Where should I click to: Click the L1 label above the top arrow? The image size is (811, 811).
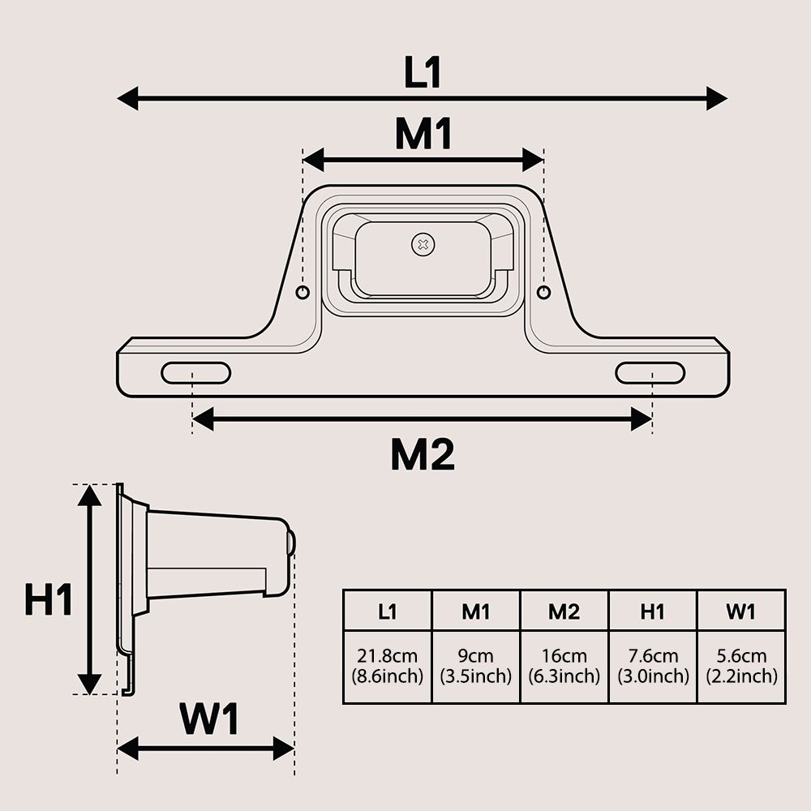click(x=423, y=73)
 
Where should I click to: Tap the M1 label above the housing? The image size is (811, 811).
click(x=423, y=135)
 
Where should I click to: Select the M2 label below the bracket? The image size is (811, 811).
click(x=423, y=456)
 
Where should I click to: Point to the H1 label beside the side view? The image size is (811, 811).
click(x=49, y=601)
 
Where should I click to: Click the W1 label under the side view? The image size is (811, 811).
click(x=209, y=719)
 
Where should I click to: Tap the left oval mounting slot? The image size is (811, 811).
click(x=195, y=373)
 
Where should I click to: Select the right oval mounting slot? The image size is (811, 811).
click(x=650, y=373)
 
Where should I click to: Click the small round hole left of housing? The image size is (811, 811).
click(x=303, y=292)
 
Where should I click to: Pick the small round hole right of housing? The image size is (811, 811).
click(x=543, y=292)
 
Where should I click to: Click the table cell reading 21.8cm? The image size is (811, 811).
click(x=387, y=666)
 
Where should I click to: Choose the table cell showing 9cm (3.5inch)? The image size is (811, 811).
click(x=475, y=666)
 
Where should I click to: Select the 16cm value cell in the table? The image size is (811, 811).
click(x=564, y=666)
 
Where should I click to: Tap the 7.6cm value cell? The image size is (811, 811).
click(x=652, y=666)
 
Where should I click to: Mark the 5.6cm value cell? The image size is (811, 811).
click(x=740, y=666)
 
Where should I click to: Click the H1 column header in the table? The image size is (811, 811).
click(x=652, y=611)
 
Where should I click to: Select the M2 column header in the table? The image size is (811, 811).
click(x=564, y=611)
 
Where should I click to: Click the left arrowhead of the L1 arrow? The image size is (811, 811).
click(x=127, y=99)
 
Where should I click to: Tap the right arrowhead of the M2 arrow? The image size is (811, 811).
click(x=642, y=419)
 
